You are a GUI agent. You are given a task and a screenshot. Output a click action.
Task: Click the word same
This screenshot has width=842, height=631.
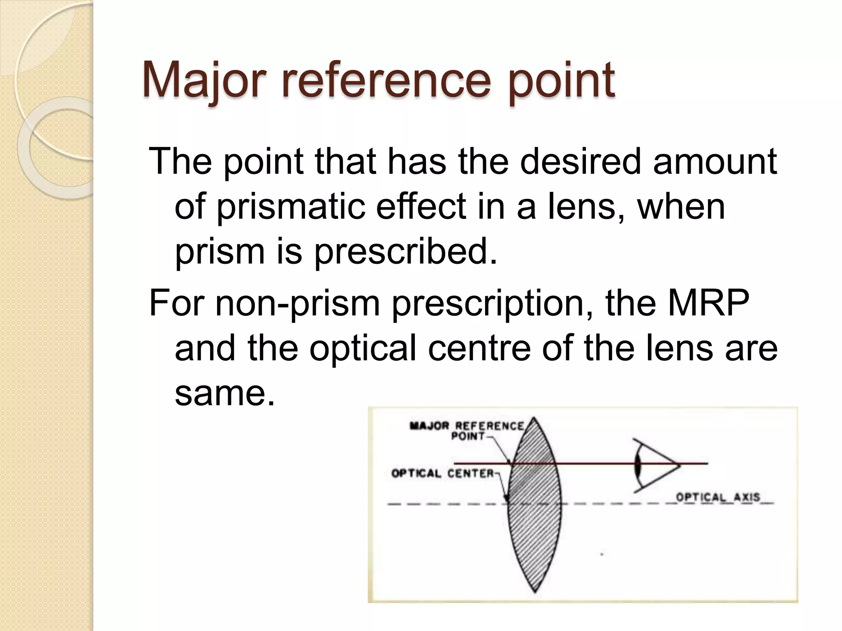[x=224, y=393]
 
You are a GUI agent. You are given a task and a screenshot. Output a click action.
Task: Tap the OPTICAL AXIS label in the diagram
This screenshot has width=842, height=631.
[x=718, y=497]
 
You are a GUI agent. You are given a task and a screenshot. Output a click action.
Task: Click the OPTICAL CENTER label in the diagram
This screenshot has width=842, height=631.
[x=442, y=474]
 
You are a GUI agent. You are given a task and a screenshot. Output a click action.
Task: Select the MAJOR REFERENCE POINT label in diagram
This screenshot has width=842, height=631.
[x=467, y=431]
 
